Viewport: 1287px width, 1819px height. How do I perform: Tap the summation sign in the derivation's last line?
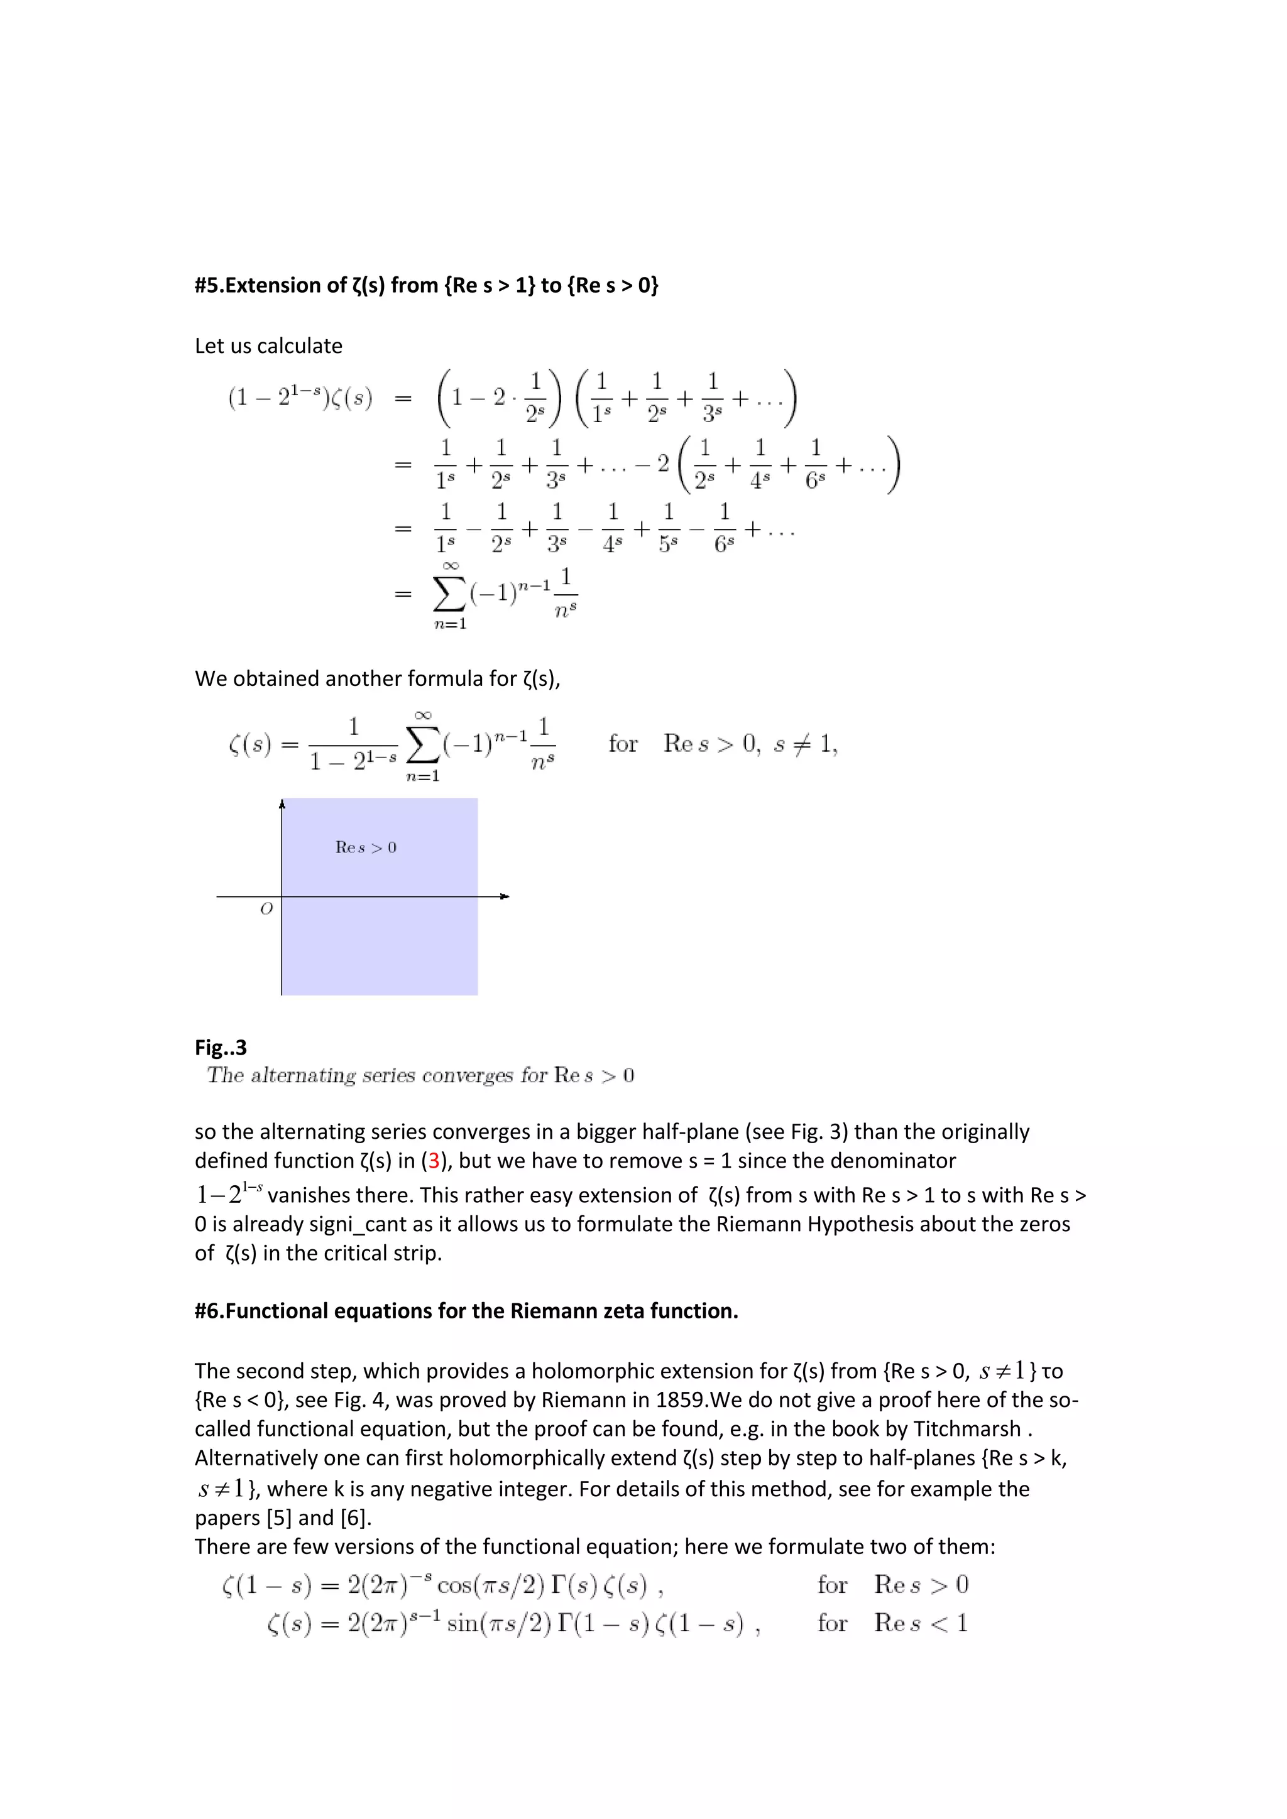pyautogui.click(x=449, y=594)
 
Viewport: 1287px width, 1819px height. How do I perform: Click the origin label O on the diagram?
pyautogui.click(x=266, y=909)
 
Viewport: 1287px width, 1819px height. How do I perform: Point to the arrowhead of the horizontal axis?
pyautogui.click(x=504, y=896)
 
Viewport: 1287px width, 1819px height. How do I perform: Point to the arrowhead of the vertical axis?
pyautogui.click(x=282, y=805)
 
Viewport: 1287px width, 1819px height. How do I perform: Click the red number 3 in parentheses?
pyautogui.click(x=434, y=1161)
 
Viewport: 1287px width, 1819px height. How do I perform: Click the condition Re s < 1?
pyautogui.click(x=920, y=1623)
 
